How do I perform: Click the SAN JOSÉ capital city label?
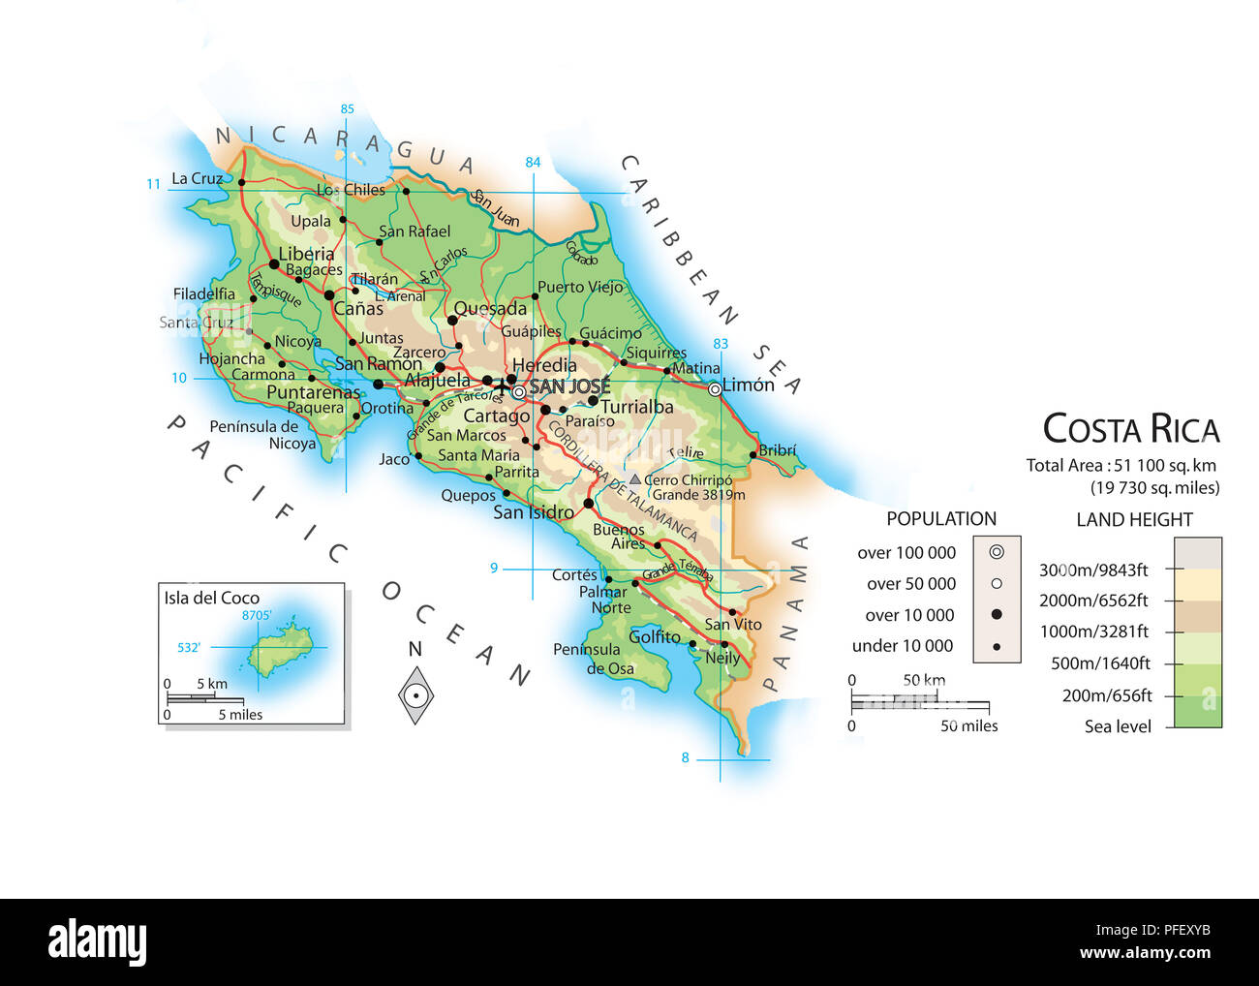click(569, 386)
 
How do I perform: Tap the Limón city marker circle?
click(715, 389)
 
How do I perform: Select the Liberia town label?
click(306, 254)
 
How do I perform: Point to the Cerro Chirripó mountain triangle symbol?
click(635, 479)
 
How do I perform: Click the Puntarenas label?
click(313, 392)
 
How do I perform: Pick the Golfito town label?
click(655, 636)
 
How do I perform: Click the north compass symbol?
click(415, 694)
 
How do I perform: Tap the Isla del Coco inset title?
click(211, 598)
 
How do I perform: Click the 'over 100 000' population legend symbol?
click(997, 552)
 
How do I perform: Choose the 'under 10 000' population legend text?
click(902, 646)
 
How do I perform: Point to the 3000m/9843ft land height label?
click(1093, 570)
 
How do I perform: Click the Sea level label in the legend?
click(1118, 726)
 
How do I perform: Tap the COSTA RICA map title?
click(1130, 429)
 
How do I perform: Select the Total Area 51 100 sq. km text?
click(1121, 465)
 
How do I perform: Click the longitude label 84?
click(533, 162)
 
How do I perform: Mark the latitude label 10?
click(179, 378)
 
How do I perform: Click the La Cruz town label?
click(197, 178)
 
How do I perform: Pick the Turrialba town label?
click(636, 407)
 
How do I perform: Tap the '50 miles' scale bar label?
click(968, 725)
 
